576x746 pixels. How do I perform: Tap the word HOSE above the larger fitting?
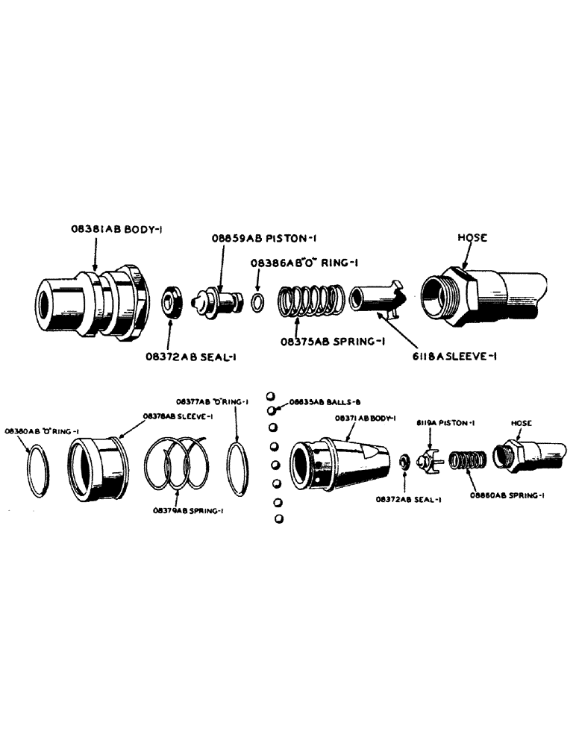(x=472, y=237)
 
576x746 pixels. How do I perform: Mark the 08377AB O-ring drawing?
(x=238, y=468)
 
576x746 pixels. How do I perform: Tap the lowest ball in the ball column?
(x=278, y=518)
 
